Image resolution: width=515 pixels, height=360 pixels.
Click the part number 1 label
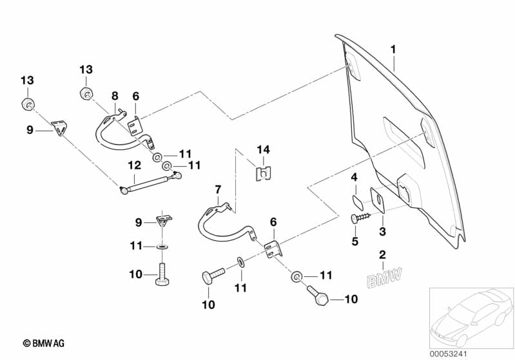[393, 49]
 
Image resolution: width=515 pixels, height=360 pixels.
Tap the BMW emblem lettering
[384, 278]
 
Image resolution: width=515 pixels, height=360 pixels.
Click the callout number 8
[114, 96]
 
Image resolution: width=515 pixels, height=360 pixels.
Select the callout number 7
[217, 189]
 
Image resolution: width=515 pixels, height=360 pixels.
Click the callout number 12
[133, 165]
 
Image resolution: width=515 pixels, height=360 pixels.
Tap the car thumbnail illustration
[470, 316]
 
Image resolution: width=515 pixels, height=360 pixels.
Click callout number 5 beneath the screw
[354, 242]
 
